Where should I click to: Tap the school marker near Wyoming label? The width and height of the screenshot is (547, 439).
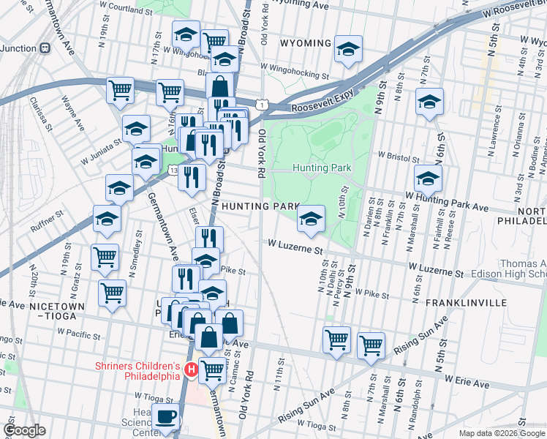(348, 49)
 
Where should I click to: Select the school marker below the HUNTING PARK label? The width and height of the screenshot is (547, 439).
(311, 218)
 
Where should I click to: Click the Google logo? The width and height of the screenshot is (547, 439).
(25, 430)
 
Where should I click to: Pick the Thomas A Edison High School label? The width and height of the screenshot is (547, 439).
(523, 269)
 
